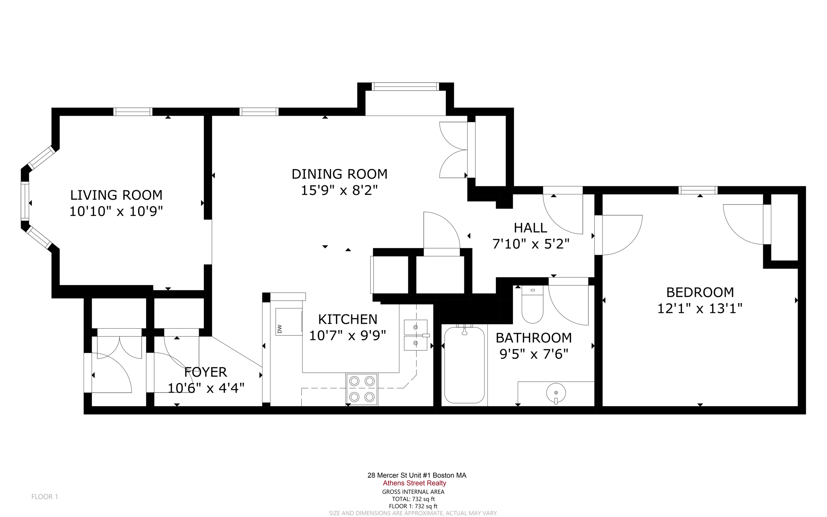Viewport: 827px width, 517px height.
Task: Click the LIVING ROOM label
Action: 116,195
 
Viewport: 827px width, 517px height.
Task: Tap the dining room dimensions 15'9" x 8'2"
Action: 339,190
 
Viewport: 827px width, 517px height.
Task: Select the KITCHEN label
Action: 348,319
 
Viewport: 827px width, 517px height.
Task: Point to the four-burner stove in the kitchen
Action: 362,389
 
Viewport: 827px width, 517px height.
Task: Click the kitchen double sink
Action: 416,335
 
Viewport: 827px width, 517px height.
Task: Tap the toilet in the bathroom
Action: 532,305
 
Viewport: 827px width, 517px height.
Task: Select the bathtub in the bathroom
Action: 464,365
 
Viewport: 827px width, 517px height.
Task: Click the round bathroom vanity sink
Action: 556,392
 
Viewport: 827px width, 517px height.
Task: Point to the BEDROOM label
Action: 700,292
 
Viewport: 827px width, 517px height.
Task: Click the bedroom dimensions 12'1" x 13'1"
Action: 700,308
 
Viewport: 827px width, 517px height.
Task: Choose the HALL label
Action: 530,228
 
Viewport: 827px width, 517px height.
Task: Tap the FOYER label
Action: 206,372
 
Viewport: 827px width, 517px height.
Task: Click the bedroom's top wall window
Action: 698,190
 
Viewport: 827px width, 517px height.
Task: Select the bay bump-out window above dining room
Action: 405,87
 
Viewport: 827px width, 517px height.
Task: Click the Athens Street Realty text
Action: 414,483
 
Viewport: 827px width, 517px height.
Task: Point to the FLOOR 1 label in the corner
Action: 45,497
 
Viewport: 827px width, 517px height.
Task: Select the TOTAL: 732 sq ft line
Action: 413,499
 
